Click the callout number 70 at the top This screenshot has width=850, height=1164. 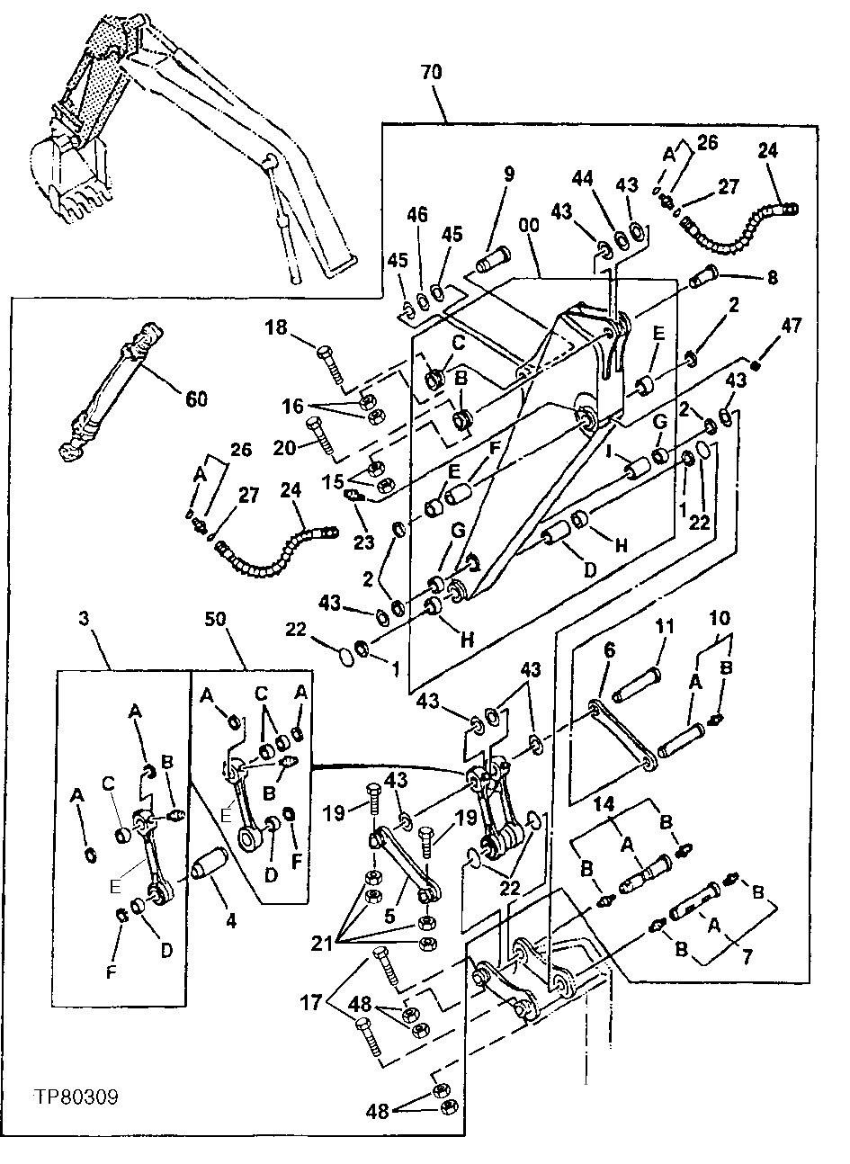point(431,73)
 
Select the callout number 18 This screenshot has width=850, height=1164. point(277,327)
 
